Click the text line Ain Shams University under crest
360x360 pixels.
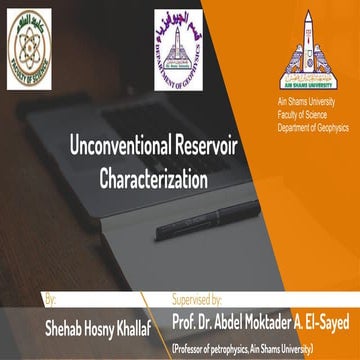pyautogui.click(x=305, y=104)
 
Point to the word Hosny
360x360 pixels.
pyautogui.click(x=107, y=325)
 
